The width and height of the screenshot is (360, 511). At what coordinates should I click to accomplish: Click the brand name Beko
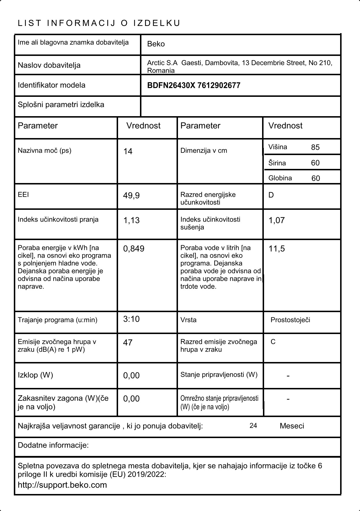[x=156, y=44]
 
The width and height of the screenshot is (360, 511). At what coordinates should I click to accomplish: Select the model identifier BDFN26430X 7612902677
[x=194, y=86]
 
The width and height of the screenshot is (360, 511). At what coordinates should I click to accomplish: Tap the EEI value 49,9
[x=131, y=196]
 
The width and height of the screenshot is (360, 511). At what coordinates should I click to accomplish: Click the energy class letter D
[x=271, y=195]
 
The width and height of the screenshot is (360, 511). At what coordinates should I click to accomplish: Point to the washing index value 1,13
[x=131, y=220]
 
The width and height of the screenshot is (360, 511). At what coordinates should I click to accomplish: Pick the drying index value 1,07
[x=276, y=220]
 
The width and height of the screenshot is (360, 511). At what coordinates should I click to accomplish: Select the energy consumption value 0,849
[x=134, y=249]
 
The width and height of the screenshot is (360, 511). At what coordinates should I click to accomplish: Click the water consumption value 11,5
[x=276, y=249]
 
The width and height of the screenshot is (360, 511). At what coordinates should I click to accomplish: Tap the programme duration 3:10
[x=131, y=319]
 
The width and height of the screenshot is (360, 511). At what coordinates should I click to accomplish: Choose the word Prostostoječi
[x=290, y=320]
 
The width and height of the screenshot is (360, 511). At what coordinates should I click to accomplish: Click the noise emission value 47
[x=128, y=343]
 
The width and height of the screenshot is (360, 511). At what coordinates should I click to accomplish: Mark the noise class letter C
[x=273, y=342]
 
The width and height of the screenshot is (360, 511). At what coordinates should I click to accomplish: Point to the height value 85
[x=315, y=147]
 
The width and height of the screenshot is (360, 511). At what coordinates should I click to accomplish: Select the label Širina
[x=277, y=163]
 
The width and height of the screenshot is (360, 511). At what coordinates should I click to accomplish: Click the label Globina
[x=280, y=178]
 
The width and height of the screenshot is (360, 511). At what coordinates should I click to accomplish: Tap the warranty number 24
[x=253, y=426]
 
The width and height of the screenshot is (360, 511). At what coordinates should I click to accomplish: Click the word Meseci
[x=292, y=426]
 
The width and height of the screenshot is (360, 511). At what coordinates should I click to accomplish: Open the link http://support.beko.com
[x=62, y=485]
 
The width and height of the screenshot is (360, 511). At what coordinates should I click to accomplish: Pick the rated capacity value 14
[x=128, y=152]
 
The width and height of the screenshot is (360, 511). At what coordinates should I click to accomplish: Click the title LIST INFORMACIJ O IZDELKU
[x=99, y=23]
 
